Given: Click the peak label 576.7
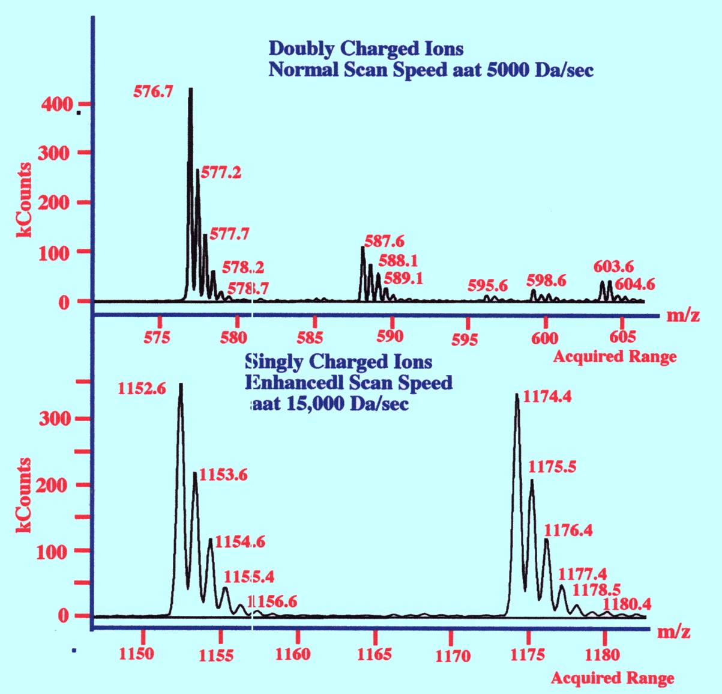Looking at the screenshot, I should click(x=153, y=91).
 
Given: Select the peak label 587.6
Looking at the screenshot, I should click(x=384, y=242).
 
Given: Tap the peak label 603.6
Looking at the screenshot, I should click(x=613, y=266).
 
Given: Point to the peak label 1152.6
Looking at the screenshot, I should click(x=142, y=389).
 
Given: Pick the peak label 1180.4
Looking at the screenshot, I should click(x=627, y=604).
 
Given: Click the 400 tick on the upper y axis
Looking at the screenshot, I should click(x=57, y=105).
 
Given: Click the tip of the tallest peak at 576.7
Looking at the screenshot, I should click(x=190, y=89).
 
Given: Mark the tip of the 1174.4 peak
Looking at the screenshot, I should click(x=517, y=395).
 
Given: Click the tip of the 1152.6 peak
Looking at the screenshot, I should click(x=181, y=385).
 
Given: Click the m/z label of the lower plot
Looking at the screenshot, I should click(x=673, y=632).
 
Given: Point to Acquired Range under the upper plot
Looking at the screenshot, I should click(x=615, y=357).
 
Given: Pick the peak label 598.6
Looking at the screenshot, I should click(x=546, y=281).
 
